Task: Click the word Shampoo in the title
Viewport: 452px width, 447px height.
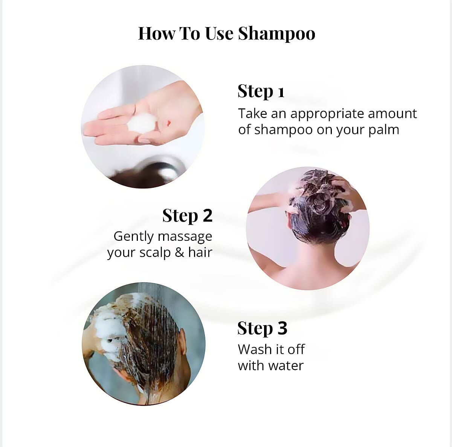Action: click(x=276, y=33)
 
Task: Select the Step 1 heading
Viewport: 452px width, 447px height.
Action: click(x=261, y=91)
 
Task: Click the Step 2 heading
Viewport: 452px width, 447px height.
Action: click(x=187, y=216)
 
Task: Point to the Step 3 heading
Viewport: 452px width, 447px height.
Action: click(x=262, y=328)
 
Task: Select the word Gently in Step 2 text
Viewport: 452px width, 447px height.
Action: click(x=134, y=236)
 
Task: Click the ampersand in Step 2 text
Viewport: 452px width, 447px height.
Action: click(x=179, y=252)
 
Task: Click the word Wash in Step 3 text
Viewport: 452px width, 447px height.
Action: click(x=253, y=350)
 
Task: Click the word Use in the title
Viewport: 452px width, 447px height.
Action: click(x=219, y=33)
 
